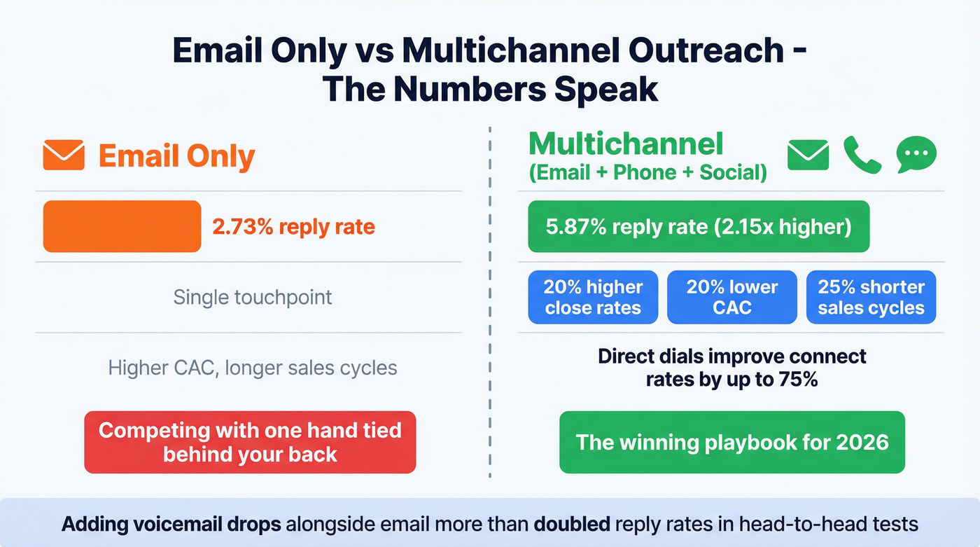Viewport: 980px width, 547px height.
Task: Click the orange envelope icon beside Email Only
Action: (x=64, y=155)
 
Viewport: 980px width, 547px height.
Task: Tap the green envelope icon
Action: (x=808, y=155)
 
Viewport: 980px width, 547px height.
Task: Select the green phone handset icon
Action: (x=862, y=155)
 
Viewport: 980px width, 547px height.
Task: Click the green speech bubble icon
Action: (x=916, y=154)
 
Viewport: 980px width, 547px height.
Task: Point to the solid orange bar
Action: (x=122, y=226)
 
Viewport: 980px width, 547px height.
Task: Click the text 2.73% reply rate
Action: (x=293, y=227)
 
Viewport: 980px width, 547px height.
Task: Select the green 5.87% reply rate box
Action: (x=698, y=227)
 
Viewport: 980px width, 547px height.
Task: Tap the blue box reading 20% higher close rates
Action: (x=593, y=298)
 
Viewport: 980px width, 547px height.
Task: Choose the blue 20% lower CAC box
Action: (x=731, y=298)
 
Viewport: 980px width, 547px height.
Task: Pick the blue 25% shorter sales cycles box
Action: (x=871, y=298)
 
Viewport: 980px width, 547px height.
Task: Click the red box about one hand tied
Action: (x=250, y=442)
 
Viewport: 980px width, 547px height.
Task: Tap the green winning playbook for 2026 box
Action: (x=731, y=442)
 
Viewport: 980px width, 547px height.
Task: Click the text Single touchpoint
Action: (x=252, y=297)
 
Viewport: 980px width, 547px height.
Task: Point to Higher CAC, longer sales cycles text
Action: (x=252, y=368)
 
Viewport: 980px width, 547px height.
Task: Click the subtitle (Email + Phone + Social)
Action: (x=647, y=173)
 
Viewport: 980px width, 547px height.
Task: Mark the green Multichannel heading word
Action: (x=625, y=144)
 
